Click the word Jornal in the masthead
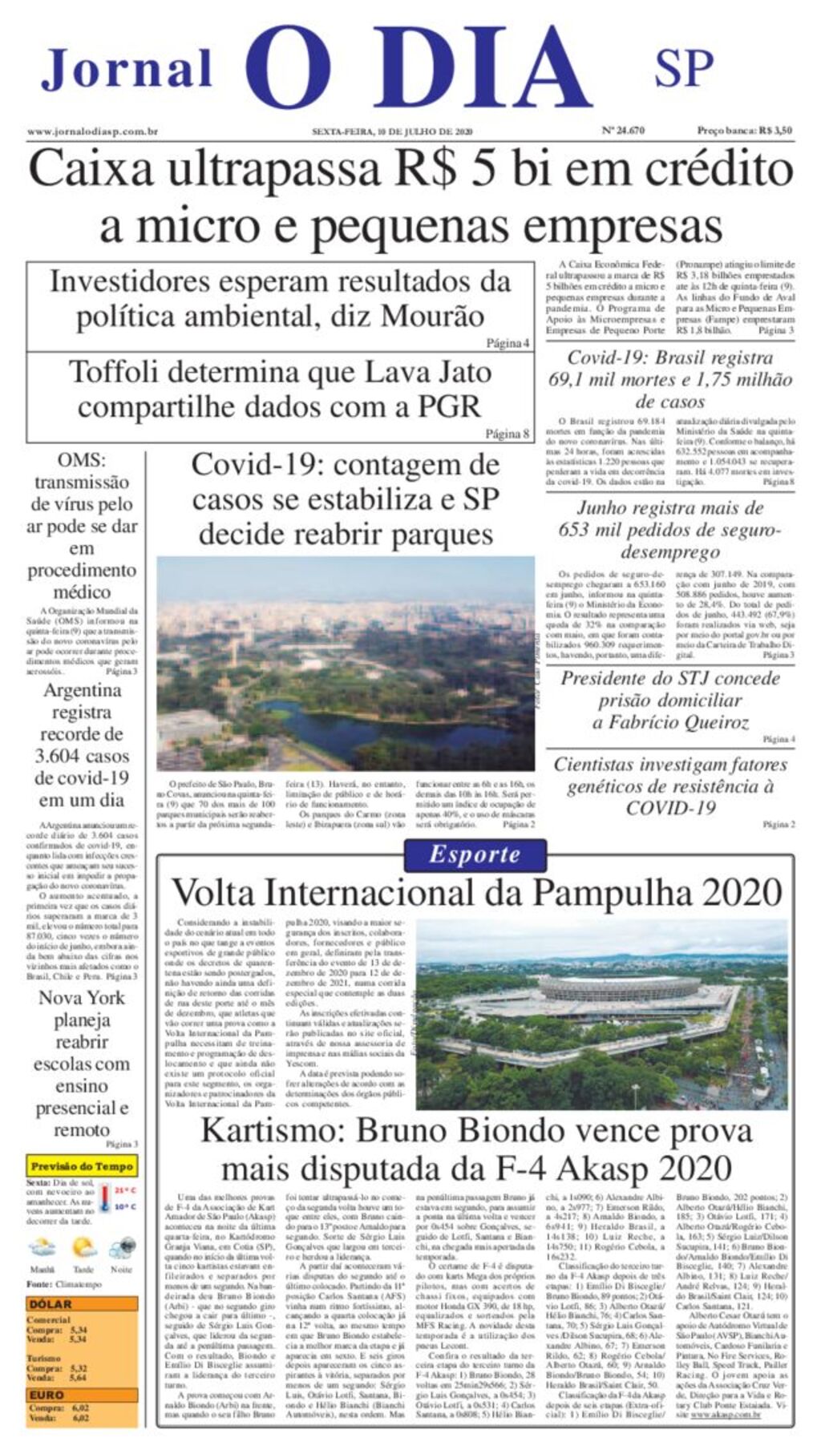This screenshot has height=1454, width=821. [x=127, y=69]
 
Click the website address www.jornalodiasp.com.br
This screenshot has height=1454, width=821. [x=92, y=131]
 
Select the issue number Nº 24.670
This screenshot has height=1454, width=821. [x=622, y=131]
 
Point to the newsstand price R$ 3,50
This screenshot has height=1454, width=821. [x=774, y=131]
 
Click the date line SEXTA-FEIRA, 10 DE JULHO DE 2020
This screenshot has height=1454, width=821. [x=392, y=131]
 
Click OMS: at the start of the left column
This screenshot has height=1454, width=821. [x=81, y=461]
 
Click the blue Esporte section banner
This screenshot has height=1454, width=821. [x=475, y=854]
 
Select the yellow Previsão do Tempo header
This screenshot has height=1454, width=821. [x=82, y=1166]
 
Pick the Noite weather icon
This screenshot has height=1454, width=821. [x=122, y=1249]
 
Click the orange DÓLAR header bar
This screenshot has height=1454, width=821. [x=82, y=1304]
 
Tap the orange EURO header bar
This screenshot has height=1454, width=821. [x=82, y=1395]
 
